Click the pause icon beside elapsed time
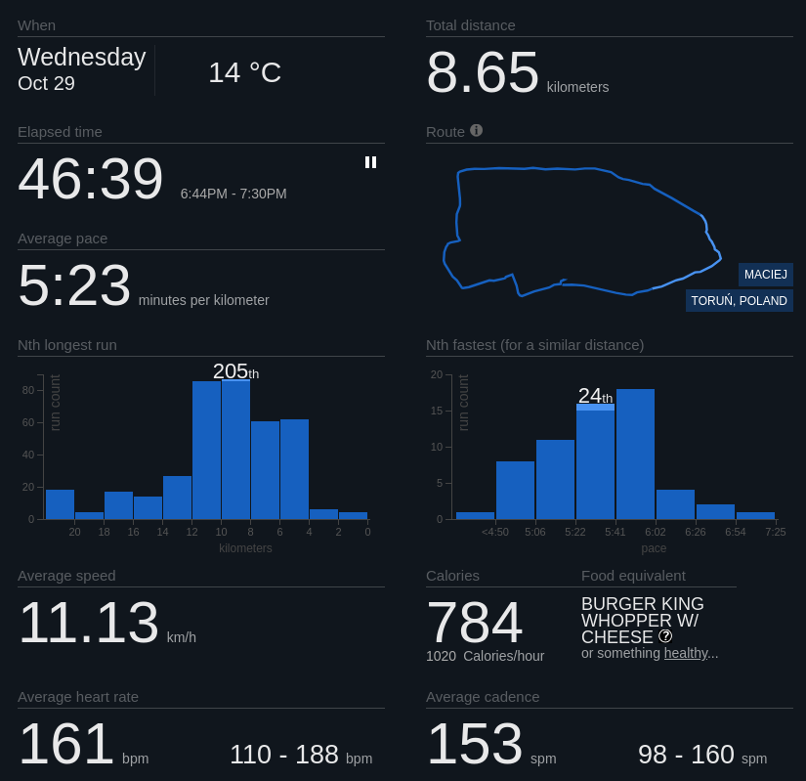point(370,162)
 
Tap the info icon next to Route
point(476,130)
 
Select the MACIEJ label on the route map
point(765,275)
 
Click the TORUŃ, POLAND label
point(739,301)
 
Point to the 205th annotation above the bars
point(235,371)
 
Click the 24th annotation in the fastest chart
point(595,396)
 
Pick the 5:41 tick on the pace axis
point(615,532)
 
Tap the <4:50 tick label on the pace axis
point(495,532)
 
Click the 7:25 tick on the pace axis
point(775,532)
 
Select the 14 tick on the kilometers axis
point(162,532)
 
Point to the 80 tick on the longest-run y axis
point(28,390)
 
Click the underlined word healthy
point(685,653)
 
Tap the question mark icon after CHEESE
point(665,636)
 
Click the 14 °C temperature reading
point(244,72)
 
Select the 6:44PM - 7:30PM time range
point(233,194)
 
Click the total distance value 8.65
point(483,72)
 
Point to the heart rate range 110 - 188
point(284,755)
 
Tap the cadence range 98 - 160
point(686,755)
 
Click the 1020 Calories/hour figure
point(485,656)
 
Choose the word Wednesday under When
point(82,58)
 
